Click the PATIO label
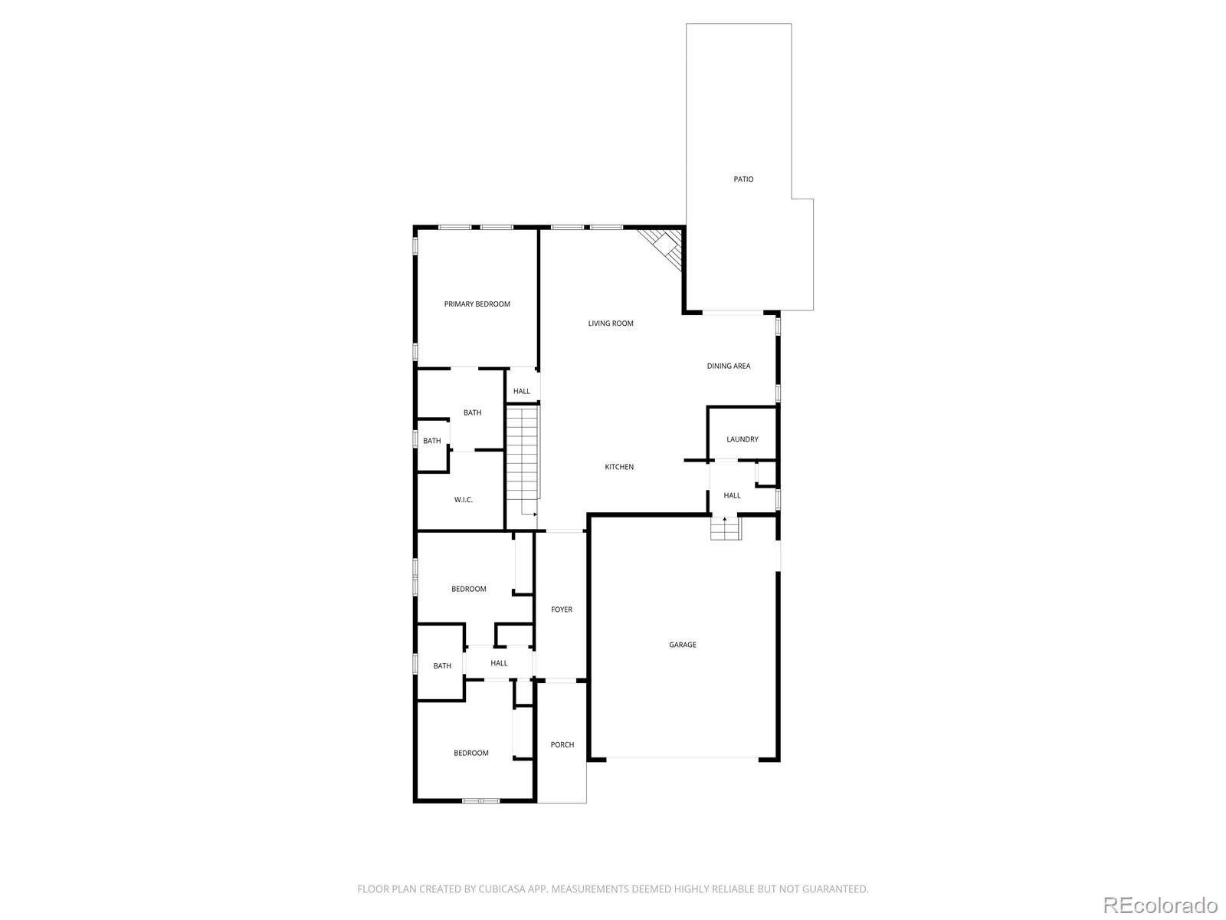click(x=743, y=179)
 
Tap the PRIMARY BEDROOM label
click(x=477, y=304)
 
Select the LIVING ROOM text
click(x=611, y=324)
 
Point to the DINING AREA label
click(x=728, y=366)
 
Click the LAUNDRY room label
click(x=742, y=439)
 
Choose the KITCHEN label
click(x=619, y=467)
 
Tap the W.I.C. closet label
click(x=463, y=500)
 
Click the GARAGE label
click(x=682, y=645)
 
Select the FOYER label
click(x=562, y=609)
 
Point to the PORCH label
click(x=562, y=744)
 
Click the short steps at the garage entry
click(x=726, y=528)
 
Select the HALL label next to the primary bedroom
click(x=521, y=392)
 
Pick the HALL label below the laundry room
click(x=732, y=495)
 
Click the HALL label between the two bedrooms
click(x=499, y=663)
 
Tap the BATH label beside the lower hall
click(x=442, y=666)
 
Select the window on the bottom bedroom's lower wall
click(x=480, y=801)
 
